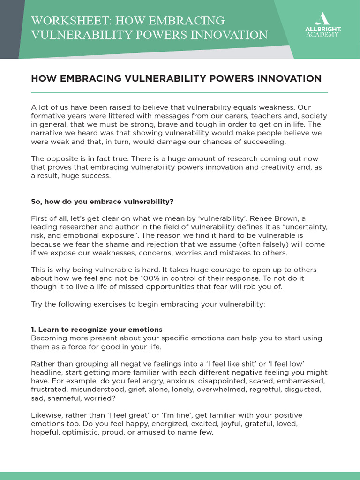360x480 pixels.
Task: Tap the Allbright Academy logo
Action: click(x=322, y=26)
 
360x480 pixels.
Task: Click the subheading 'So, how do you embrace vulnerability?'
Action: click(x=102, y=202)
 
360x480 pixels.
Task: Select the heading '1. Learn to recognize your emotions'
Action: click(x=97, y=329)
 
